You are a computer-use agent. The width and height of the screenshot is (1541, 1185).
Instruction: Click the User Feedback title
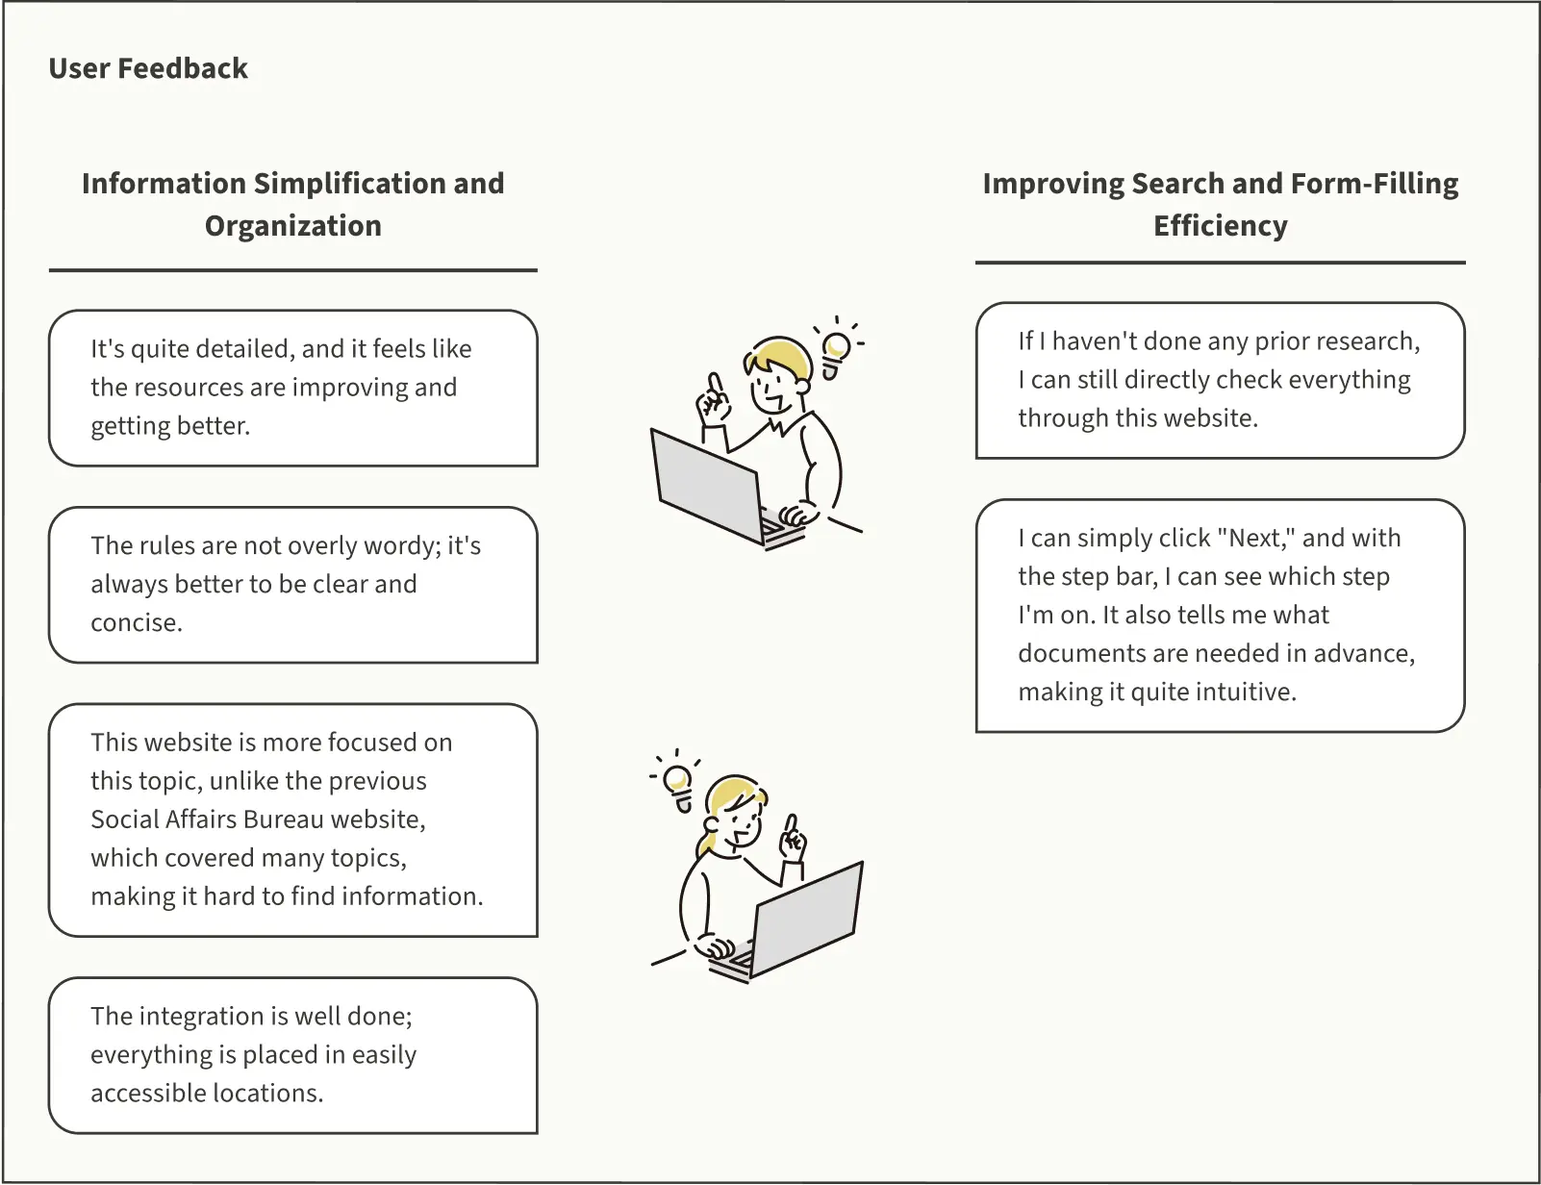(x=148, y=69)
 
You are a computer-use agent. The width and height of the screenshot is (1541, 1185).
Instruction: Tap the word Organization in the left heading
(x=292, y=226)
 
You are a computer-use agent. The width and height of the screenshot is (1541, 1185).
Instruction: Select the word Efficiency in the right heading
(x=1220, y=226)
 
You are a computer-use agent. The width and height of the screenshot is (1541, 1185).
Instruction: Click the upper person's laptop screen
(x=707, y=487)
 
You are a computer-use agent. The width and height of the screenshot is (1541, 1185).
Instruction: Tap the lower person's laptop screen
(x=807, y=919)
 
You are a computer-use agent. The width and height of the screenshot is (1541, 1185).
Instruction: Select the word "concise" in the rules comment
(x=134, y=622)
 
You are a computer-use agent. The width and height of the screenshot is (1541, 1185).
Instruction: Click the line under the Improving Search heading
(x=1220, y=263)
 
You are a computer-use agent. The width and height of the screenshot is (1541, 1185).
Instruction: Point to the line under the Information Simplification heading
(x=292, y=270)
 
